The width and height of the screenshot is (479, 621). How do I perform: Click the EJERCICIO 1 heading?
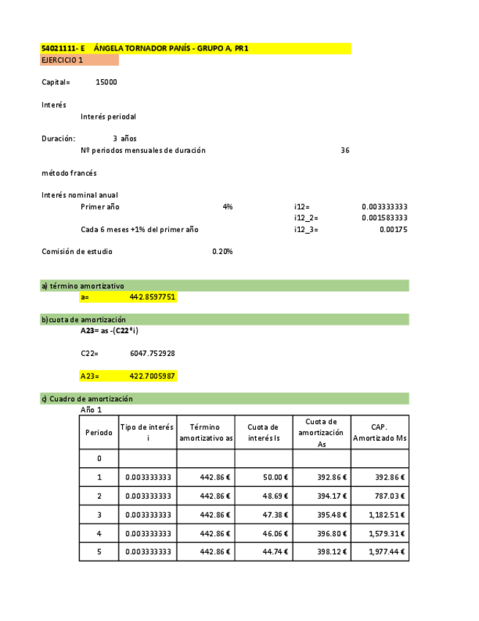coord(62,60)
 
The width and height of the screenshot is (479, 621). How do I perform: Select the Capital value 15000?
coord(106,82)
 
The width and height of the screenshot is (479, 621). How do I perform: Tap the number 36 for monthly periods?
coord(345,150)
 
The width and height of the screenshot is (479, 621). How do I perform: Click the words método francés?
coord(69,174)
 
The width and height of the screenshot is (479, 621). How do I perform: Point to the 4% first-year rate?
coord(227,207)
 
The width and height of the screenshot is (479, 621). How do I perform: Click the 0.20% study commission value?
coord(222,252)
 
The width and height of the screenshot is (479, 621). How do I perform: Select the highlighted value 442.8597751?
coord(152,297)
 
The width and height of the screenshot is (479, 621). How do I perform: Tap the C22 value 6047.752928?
coord(152,354)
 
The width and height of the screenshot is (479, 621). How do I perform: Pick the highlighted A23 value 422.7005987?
coord(152,376)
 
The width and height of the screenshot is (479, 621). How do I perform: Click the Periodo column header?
coord(99,432)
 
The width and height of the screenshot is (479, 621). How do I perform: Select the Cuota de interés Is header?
coord(263,432)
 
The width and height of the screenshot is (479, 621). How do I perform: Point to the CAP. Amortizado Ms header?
coord(380,432)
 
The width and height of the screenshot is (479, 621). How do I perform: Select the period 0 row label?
coord(99,458)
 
